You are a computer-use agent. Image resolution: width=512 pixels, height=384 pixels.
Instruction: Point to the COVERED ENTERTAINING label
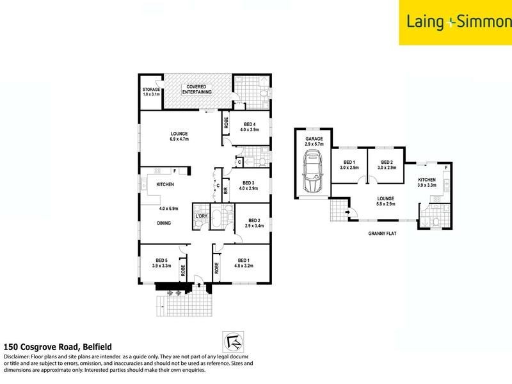[200, 90]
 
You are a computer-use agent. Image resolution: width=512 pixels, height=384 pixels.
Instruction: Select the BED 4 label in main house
[249, 126]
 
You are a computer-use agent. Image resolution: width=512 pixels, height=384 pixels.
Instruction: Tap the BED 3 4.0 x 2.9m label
[249, 185]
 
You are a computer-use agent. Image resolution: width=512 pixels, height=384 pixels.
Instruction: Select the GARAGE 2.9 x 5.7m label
[314, 141]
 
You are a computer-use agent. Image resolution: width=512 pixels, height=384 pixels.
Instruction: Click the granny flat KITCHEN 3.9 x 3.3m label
[428, 183]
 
